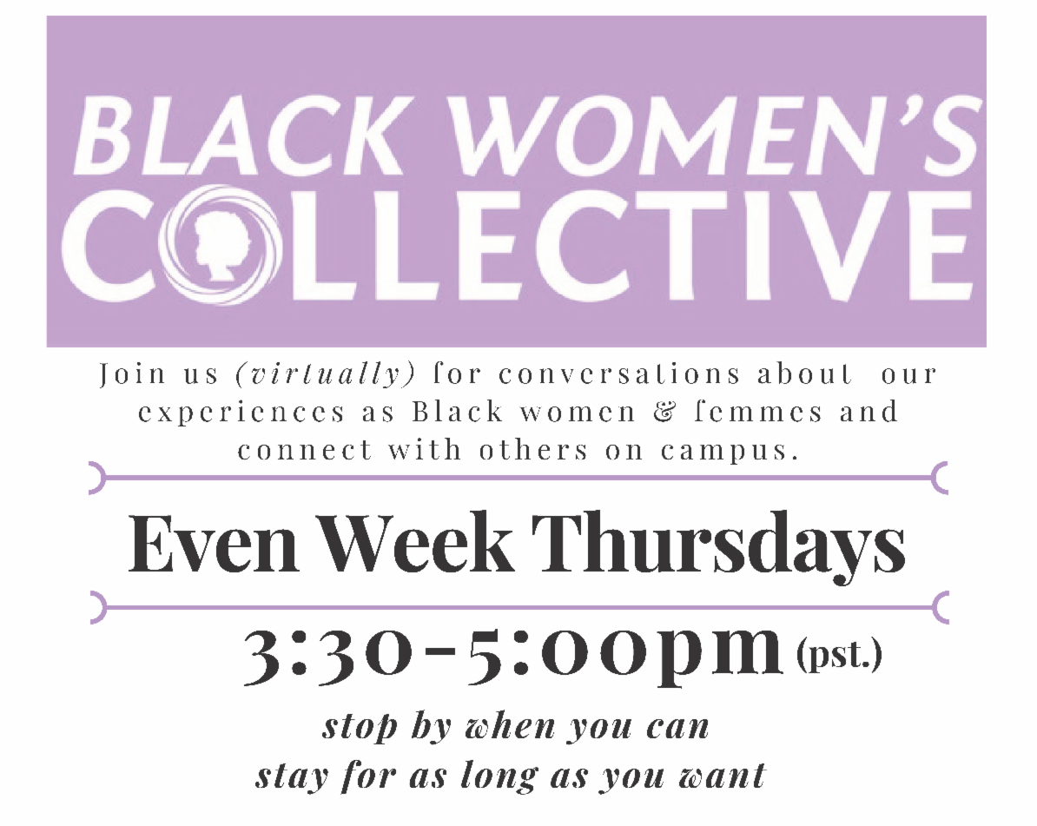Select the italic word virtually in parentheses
coord(326,374)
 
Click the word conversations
coord(619,374)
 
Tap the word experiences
coord(241,413)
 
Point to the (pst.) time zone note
coord(839,655)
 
